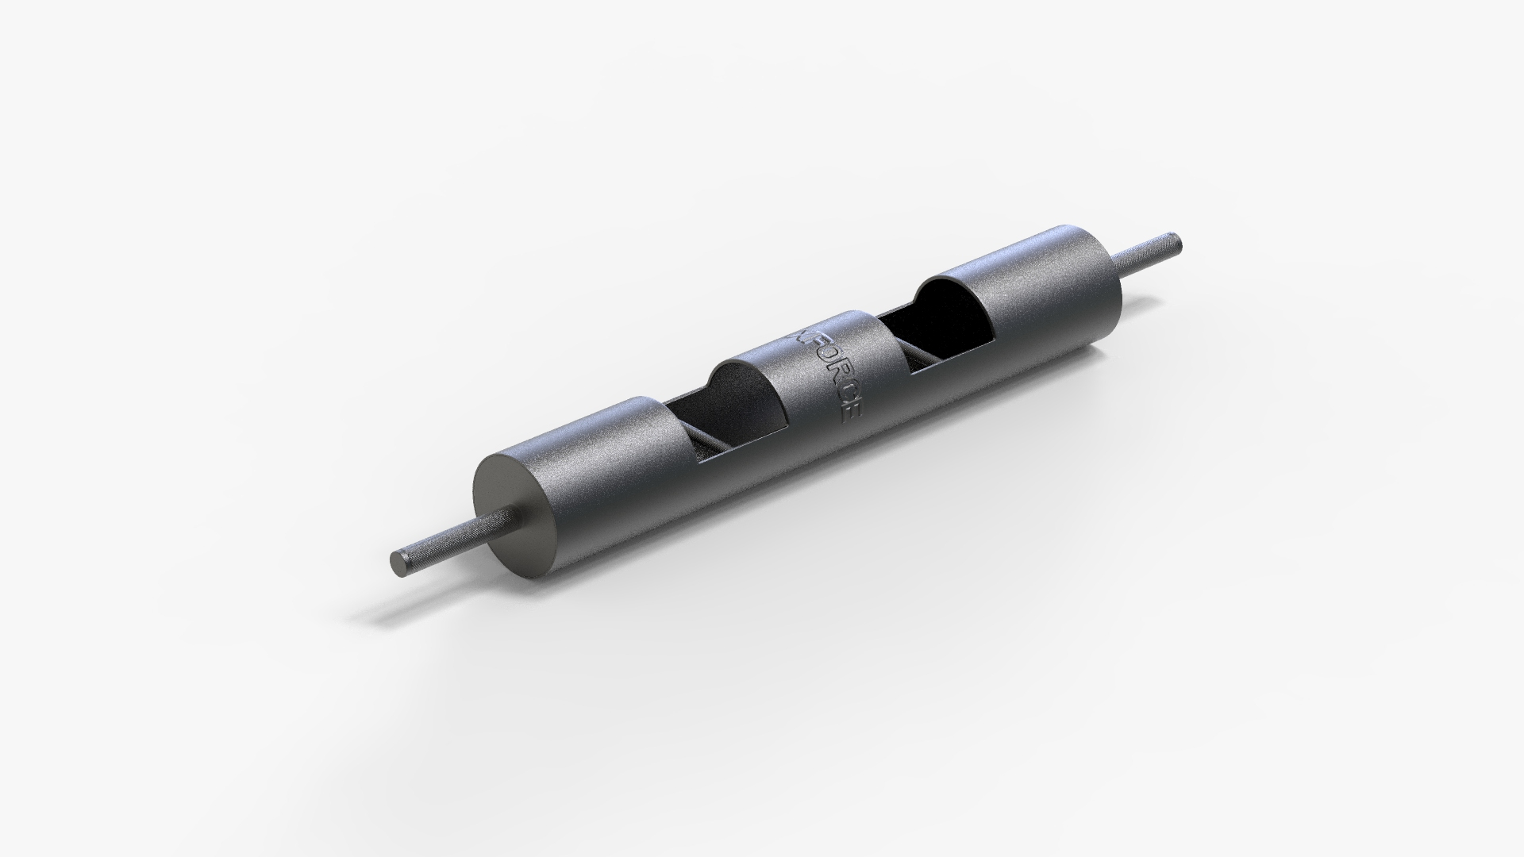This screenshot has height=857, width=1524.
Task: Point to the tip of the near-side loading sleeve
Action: (397, 563)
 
